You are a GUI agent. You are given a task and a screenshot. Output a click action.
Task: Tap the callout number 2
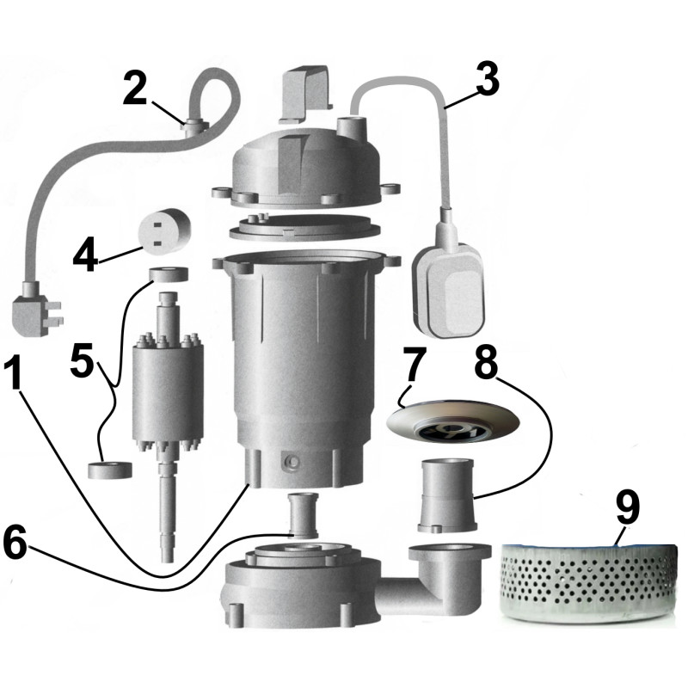pyautogui.click(x=135, y=89)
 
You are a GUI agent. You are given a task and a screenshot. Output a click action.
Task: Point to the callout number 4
pyautogui.click(x=84, y=256)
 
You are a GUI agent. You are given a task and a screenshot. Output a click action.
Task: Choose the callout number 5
pyautogui.click(x=83, y=362)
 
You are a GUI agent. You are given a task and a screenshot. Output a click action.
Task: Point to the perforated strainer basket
pyautogui.click(x=585, y=580)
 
